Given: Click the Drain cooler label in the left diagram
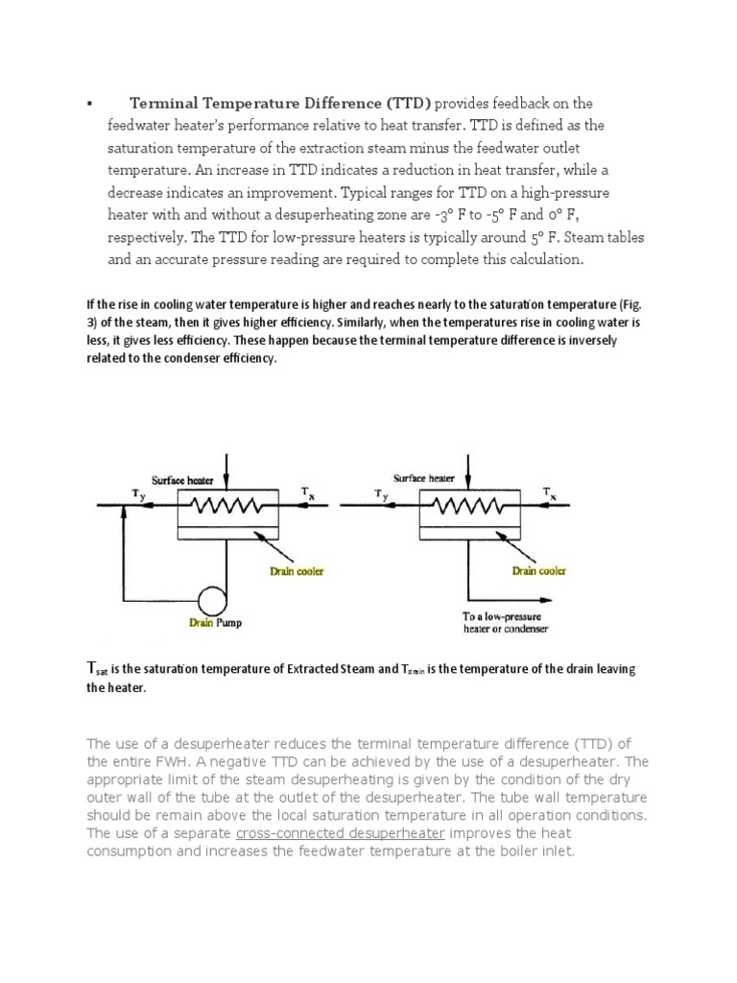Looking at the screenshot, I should pyautogui.click(x=297, y=571).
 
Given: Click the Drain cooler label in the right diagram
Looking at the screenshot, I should pyautogui.click(x=538, y=571).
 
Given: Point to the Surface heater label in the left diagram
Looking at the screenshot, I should pyautogui.click(x=181, y=480).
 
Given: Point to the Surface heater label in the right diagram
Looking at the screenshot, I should pyautogui.click(x=423, y=478).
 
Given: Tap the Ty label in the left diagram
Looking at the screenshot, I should pyautogui.click(x=137, y=492).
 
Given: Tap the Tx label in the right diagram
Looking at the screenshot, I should pyautogui.click(x=549, y=492).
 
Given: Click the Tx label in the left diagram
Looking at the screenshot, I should pyautogui.click(x=307, y=492).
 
